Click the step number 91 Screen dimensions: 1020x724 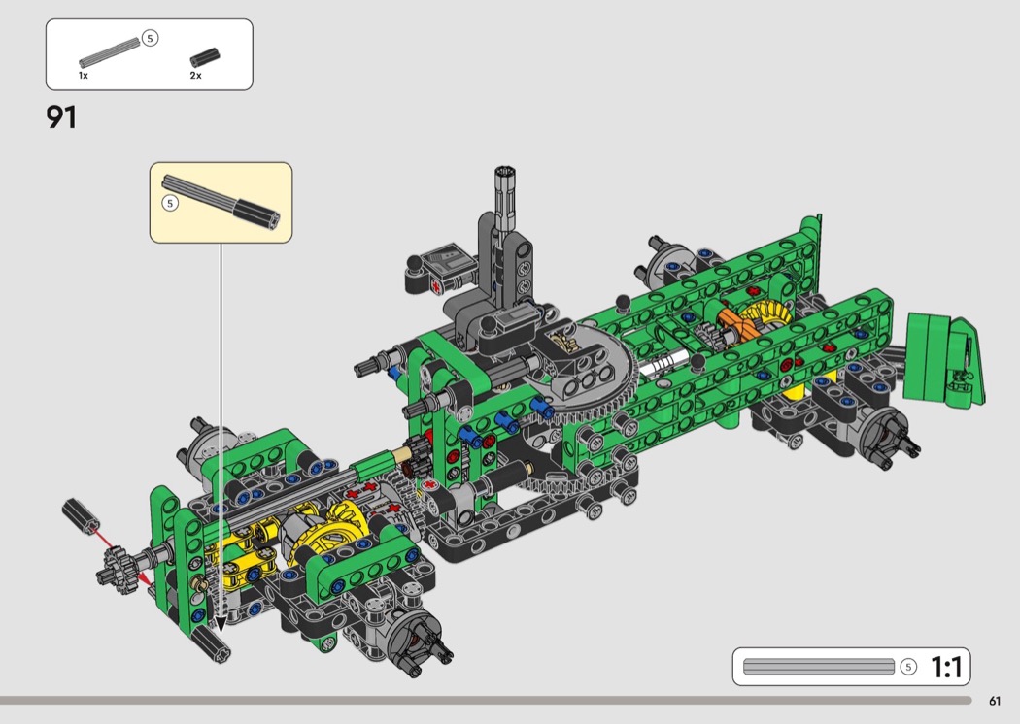click(x=61, y=117)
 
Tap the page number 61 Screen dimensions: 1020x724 click(x=995, y=701)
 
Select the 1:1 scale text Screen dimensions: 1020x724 click(x=946, y=667)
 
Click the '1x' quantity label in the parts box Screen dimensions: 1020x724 click(x=84, y=76)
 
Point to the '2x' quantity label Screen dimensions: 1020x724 click(x=196, y=76)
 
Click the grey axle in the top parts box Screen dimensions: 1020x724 click(x=109, y=52)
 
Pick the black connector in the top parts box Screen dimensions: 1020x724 click(x=205, y=57)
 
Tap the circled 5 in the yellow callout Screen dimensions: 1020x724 click(x=170, y=204)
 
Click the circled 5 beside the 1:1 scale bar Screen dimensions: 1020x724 click(x=908, y=667)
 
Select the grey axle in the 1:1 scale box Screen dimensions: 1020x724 click(x=819, y=667)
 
